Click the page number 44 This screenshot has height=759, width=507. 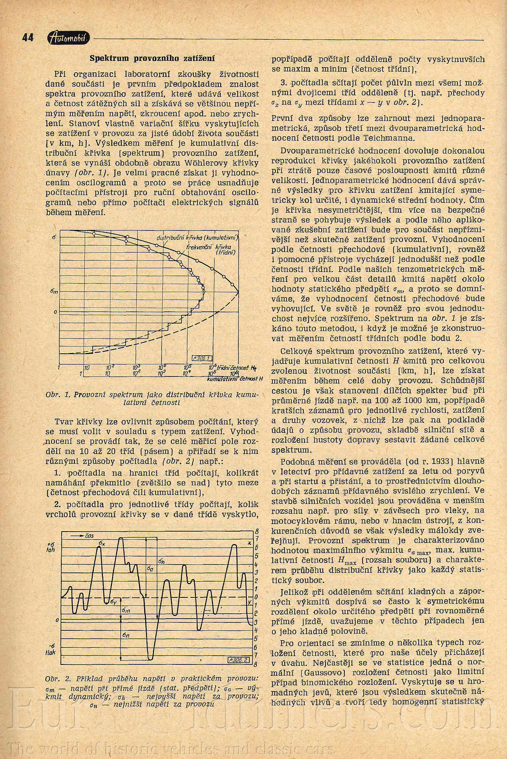(28, 37)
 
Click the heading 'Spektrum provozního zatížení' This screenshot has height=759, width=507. (152, 58)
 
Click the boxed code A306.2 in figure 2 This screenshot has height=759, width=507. (238, 660)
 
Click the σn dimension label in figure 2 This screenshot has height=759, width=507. (126, 635)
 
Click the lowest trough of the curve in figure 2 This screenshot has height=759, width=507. (151, 659)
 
